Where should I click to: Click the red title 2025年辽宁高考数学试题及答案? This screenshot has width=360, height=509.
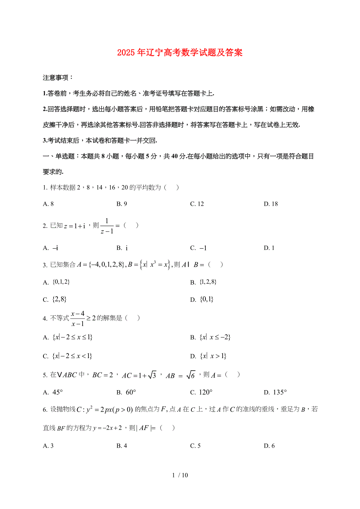(x=180, y=53)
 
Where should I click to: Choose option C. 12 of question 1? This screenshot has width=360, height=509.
(x=197, y=204)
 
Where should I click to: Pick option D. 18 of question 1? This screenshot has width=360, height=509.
(x=270, y=204)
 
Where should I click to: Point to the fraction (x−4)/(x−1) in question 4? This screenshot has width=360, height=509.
(x=78, y=318)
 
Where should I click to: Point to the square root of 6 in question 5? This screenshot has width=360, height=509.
(x=190, y=375)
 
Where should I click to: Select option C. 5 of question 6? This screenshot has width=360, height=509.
(x=195, y=446)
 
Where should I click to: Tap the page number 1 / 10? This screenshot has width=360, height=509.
(x=180, y=475)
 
